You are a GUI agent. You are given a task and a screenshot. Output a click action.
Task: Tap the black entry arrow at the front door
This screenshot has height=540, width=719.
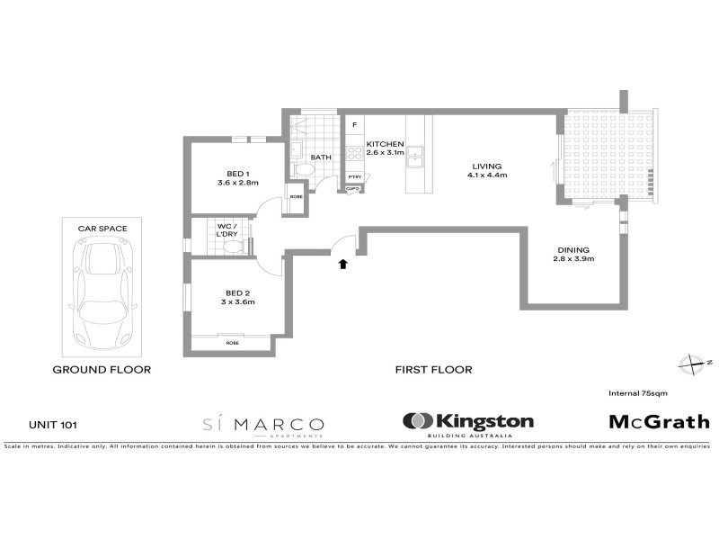(342, 264)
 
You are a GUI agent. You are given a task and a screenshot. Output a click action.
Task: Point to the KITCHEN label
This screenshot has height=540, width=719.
(384, 144)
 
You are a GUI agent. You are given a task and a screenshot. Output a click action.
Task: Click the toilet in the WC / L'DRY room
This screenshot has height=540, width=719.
(233, 245)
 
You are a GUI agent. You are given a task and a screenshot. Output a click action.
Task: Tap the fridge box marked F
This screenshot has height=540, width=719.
(355, 124)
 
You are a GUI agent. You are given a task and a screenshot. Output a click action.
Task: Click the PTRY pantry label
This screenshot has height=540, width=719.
(354, 176)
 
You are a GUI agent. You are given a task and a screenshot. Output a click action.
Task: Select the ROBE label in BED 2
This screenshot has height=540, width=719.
(232, 343)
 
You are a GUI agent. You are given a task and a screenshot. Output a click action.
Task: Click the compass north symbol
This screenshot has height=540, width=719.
(692, 363)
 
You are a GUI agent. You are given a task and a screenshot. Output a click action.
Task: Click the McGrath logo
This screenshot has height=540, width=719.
(659, 421)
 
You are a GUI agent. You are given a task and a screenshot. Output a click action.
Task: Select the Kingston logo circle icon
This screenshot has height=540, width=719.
(417, 421)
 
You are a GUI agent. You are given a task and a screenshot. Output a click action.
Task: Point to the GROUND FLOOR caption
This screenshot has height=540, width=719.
(102, 369)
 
